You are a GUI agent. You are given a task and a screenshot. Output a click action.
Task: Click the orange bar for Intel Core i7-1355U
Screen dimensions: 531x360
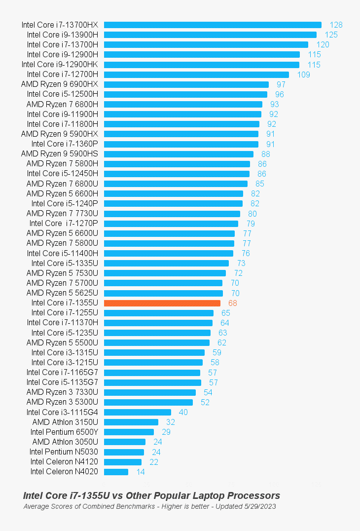162,303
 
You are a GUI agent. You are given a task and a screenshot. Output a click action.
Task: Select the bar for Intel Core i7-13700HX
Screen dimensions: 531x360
213,25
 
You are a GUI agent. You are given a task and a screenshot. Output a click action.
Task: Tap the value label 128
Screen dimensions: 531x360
336,25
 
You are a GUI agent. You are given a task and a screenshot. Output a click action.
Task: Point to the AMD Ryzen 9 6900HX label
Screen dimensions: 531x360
60,84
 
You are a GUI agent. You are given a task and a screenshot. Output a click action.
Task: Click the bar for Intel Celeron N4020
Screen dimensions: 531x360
116,472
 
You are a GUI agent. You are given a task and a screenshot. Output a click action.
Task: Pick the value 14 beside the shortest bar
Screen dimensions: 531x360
141,472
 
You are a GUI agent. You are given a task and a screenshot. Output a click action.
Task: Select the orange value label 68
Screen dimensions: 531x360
232,303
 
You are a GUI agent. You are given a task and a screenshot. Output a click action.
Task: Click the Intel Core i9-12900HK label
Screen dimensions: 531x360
60,64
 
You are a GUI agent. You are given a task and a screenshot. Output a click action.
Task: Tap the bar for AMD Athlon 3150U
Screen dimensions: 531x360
131,422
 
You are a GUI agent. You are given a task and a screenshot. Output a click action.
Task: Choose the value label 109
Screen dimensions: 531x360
304,75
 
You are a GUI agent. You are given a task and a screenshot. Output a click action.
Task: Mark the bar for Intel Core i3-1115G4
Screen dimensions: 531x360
138,412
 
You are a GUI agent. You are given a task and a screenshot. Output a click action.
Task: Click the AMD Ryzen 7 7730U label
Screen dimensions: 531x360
62,213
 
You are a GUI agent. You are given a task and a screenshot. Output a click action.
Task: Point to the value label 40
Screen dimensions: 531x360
183,412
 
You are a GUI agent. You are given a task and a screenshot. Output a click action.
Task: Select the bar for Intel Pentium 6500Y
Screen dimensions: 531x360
129,432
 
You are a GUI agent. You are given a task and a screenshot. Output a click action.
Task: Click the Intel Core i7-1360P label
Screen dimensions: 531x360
65,144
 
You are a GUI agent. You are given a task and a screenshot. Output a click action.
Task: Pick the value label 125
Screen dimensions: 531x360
331,35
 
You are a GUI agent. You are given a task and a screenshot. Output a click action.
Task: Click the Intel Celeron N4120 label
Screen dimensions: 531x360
64,462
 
